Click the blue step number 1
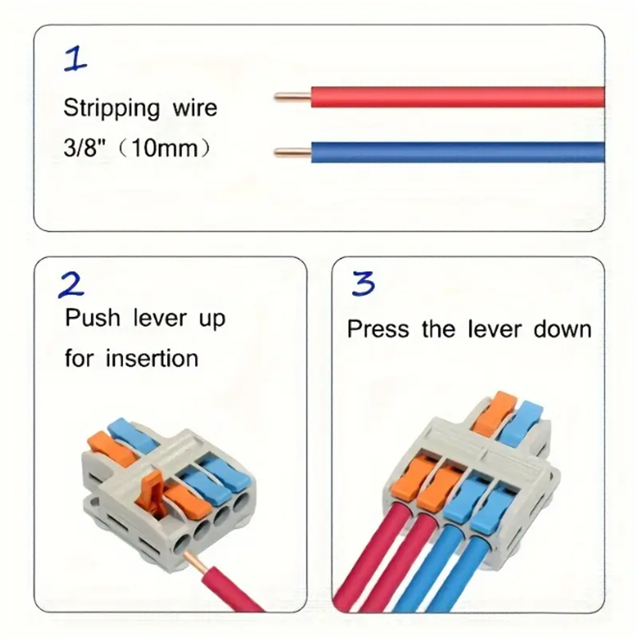(76, 61)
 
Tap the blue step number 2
(72, 284)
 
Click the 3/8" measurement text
(84, 149)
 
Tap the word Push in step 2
(91, 319)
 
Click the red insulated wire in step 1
(455, 97)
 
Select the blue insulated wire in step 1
(455, 152)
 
